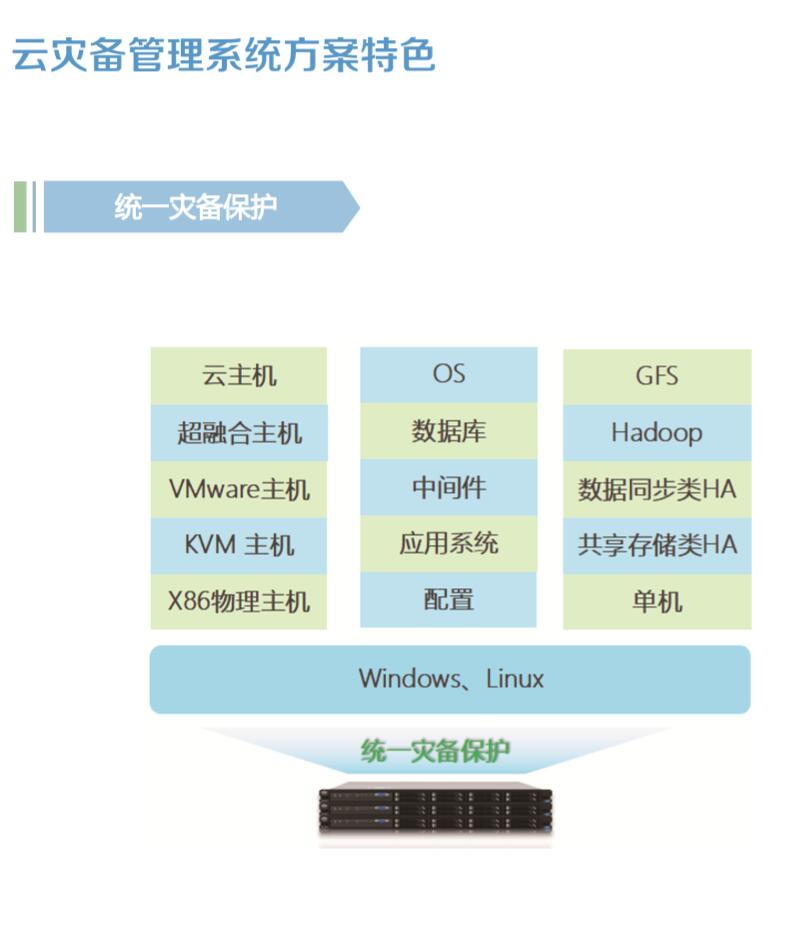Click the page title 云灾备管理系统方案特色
[224, 55]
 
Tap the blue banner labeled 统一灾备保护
[196, 207]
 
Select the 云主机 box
[239, 376]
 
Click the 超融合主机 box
[239, 433]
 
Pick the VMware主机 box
[239, 489]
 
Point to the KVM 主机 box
[239, 545]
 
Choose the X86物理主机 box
[239, 601]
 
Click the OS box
[448, 374]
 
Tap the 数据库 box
[448, 431]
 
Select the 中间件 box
[448, 487]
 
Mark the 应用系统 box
[448, 544]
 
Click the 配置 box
[448, 600]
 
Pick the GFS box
[657, 376]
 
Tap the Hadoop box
[657, 433]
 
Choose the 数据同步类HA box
[657, 489]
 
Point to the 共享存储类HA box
[657, 545]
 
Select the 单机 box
[657, 601]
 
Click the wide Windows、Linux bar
[450, 679]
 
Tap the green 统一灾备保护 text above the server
[435, 751]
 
